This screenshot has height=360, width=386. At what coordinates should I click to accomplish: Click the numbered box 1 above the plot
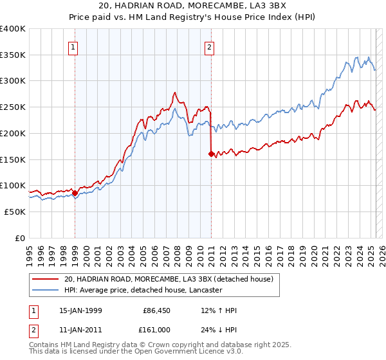(74, 46)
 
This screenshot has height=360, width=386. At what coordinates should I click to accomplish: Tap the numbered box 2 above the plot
(210, 46)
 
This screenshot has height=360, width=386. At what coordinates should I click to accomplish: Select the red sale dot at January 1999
(75, 192)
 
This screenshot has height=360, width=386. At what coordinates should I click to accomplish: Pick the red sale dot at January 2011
(211, 154)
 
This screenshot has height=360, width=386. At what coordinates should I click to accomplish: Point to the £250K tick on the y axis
(14, 107)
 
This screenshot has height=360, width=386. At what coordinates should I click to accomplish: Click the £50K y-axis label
(14, 212)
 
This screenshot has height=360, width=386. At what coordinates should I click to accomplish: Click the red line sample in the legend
(46, 278)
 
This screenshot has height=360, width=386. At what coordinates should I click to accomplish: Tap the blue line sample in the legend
(46, 290)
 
